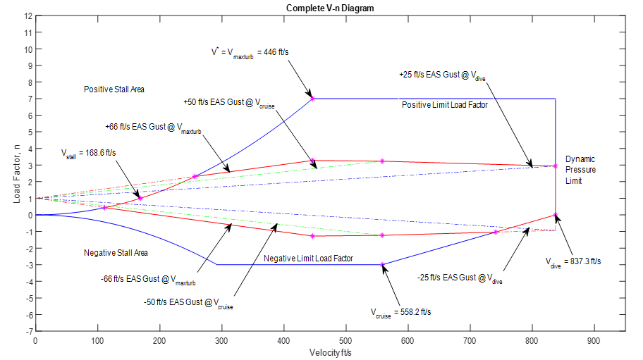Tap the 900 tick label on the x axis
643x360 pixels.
pos(594,340)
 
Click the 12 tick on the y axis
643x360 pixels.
pos(28,15)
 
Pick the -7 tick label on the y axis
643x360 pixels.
pos(27,331)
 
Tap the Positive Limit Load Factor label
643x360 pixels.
pos(444,105)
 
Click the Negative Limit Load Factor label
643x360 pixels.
pos(308,259)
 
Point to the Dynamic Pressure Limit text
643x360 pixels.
pos(580,170)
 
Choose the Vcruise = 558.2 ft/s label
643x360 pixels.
pos(400,311)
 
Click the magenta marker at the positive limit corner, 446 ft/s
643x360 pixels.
pos(312,99)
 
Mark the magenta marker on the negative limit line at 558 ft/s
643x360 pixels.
pos(382,264)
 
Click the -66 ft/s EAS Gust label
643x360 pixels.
pos(147,280)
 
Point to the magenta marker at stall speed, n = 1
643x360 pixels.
pos(140,198)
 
